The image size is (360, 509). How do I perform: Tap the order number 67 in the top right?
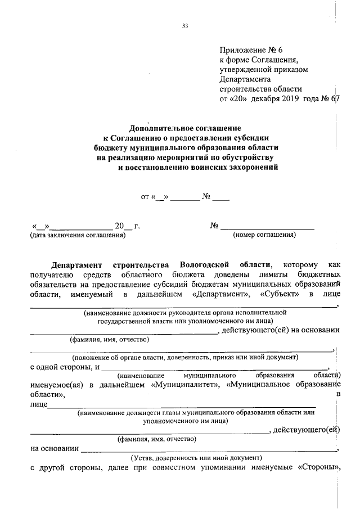tap(336, 99)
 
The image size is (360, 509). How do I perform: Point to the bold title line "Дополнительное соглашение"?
tap(186, 128)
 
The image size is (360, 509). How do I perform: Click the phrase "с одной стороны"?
tap(61, 367)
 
